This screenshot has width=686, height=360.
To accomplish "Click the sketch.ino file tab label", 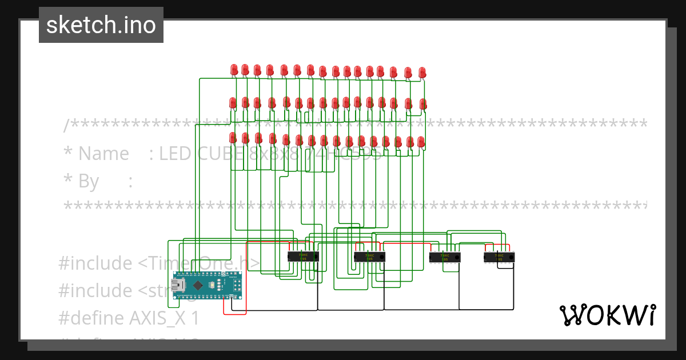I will tap(101, 25).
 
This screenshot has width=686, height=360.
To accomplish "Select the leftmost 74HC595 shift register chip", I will tap(302, 257).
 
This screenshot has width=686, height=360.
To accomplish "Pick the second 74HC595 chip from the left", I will tap(369, 257).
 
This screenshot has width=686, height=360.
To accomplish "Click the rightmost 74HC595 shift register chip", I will tap(499, 257).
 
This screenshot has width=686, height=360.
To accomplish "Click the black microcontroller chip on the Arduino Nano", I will tap(198, 285).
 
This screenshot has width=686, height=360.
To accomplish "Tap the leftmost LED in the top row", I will tap(234, 70).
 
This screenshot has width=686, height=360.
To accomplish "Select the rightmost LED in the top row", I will tap(422, 72).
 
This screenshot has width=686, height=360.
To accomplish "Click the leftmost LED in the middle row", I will tap(233, 103).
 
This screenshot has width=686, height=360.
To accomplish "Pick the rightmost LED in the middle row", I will tap(423, 104).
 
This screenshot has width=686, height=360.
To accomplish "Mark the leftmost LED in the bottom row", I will tap(233, 138).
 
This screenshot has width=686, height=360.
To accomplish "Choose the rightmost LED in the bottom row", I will tap(421, 141).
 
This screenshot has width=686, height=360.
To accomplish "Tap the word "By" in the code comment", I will tap(89, 182).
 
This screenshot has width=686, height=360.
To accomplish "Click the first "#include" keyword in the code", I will tap(95, 263).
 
